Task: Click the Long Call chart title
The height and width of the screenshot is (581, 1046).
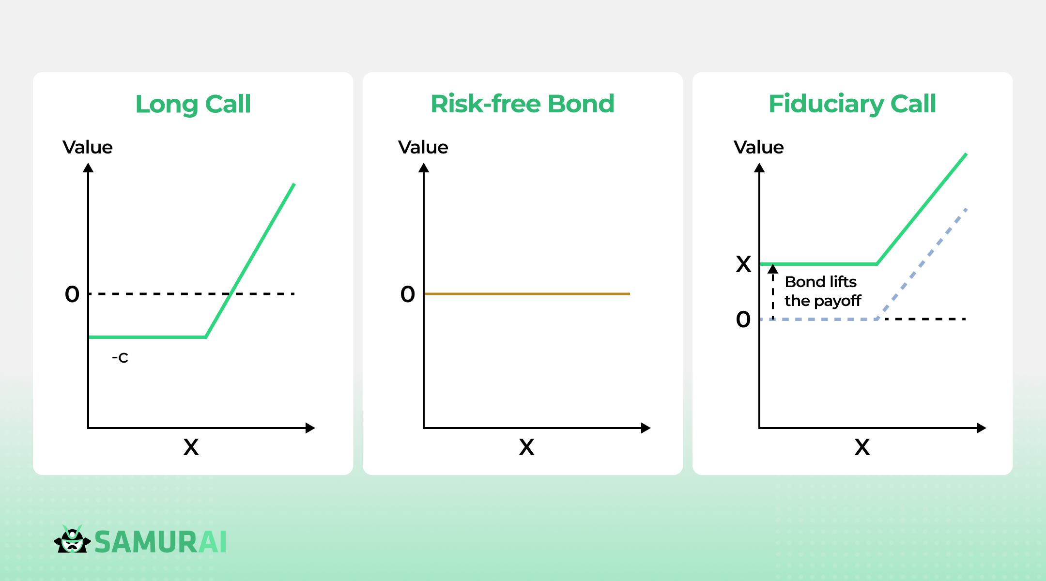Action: [193, 105]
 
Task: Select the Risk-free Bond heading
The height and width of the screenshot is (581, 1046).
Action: [523, 104]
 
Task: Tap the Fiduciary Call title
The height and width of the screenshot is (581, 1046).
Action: [852, 105]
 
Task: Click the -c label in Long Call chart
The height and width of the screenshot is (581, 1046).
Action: [120, 358]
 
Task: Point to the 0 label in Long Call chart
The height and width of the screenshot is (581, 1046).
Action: [72, 294]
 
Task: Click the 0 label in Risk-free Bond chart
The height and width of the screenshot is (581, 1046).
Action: [408, 294]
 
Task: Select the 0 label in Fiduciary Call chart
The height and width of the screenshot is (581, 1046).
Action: [743, 319]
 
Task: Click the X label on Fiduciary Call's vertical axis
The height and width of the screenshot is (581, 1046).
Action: [743, 264]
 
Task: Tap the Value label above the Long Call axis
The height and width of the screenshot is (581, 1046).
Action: [88, 147]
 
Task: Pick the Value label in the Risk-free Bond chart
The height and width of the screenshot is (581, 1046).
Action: [423, 147]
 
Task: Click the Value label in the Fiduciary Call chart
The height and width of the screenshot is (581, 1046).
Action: [759, 147]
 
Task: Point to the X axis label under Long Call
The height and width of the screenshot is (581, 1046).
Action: [191, 447]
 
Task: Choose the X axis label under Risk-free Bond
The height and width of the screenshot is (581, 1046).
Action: [526, 447]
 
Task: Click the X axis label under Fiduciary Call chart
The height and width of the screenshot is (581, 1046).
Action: [862, 447]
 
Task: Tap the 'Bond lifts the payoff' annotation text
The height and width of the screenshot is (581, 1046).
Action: [823, 291]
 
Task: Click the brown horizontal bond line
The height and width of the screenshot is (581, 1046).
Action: [527, 294]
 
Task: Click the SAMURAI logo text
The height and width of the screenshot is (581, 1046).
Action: [160, 542]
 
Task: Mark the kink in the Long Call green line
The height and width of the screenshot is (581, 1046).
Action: [206, 337]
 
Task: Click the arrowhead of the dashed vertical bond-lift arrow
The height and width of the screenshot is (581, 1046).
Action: [773, 268]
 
